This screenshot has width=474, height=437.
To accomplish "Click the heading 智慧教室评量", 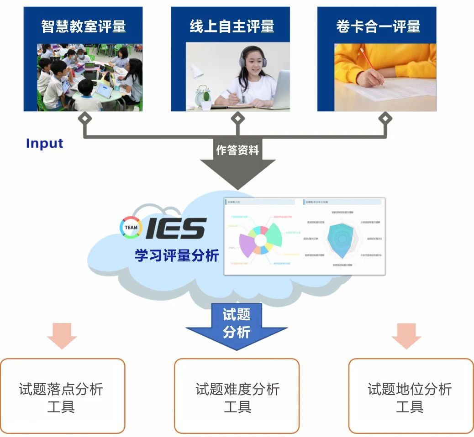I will click(x=83, y=26).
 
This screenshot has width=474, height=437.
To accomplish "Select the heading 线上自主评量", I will click(x=232, y=26).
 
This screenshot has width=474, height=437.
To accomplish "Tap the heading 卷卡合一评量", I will click(x=378, y=26).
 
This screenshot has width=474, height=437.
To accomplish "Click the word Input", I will click(x=44, y=143).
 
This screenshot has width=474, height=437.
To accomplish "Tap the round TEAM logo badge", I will click(x=131, y=228).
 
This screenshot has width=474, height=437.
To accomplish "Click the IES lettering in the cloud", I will click(x=176, y=228).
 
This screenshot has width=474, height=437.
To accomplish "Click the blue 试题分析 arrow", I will click(x=237, y=326).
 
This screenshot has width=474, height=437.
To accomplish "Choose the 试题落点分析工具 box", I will click(x=62, y=395).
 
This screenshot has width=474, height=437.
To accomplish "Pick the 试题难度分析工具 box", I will click(x=237, y=395).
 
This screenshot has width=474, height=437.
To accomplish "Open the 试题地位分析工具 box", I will click(x=411, y=395).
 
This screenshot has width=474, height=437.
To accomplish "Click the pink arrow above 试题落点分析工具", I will click(x=62, y=335).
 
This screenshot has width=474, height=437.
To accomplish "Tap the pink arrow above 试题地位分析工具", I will click(x=406, y=335).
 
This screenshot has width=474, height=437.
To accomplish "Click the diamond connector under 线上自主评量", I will click(x=237, y=119).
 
